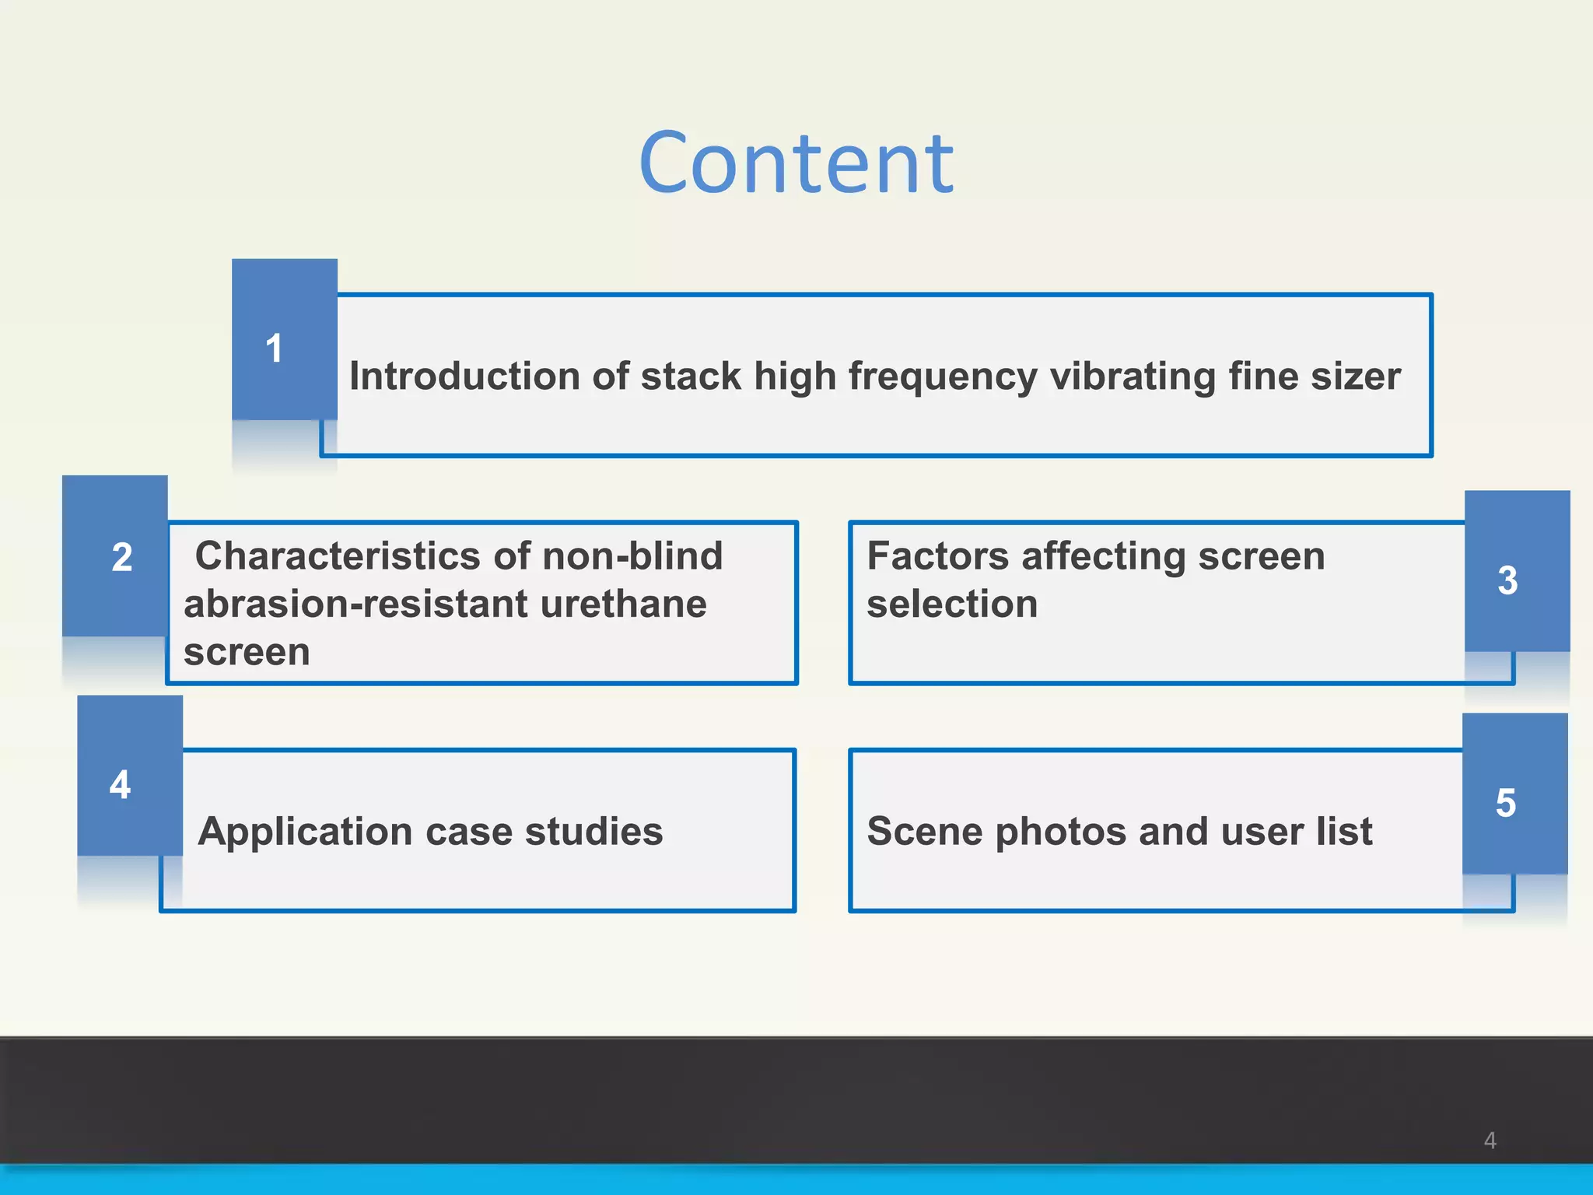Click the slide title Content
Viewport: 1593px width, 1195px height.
[796, 163]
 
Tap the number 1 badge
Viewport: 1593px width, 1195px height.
[274, 348]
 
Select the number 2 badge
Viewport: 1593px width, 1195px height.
[122, 557]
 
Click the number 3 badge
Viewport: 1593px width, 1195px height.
[1507, 580]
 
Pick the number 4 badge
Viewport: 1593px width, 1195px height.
[121, 784]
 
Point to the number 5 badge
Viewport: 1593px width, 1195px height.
[1506, 802]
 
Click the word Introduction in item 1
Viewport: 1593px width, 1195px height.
[464, 377]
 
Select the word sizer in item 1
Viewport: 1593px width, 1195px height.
[1356, 377]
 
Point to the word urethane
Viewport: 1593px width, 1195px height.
[623, 605]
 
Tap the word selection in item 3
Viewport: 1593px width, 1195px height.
[952, 605]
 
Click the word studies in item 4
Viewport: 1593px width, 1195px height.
[594, 831]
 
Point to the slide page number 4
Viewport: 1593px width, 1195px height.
[1490, 1141]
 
